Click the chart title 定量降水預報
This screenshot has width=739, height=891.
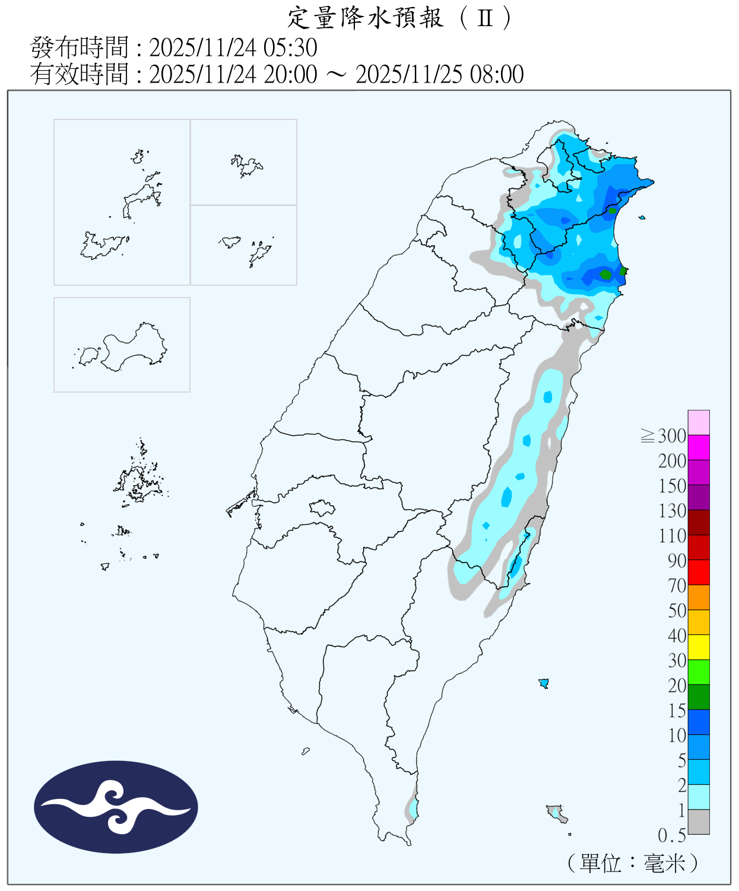click(365, 18)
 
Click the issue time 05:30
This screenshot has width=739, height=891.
click(294, 48)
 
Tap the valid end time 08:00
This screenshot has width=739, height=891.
click(497, 75)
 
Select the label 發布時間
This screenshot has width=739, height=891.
click(79, 48)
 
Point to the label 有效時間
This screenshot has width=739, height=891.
click(79, 75)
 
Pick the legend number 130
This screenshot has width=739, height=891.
click(672, 511)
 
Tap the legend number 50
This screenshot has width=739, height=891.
click(677, 611)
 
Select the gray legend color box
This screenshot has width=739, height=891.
click(699, 822)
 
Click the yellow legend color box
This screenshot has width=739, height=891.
click(699, 647)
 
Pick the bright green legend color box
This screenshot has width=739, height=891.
click(699, 672)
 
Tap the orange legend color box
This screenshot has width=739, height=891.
click(699, 597)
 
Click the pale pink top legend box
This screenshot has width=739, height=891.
click(699, 422)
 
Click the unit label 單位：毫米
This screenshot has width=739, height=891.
click(632, 863)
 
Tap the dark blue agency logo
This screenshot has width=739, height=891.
click(116, 807)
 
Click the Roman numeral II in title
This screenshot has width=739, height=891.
click(485, 18)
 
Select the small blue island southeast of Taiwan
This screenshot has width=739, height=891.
click(543, 683)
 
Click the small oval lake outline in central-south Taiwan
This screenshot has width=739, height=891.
click(322, 508)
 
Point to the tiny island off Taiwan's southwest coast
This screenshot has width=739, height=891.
click(306, 751)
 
